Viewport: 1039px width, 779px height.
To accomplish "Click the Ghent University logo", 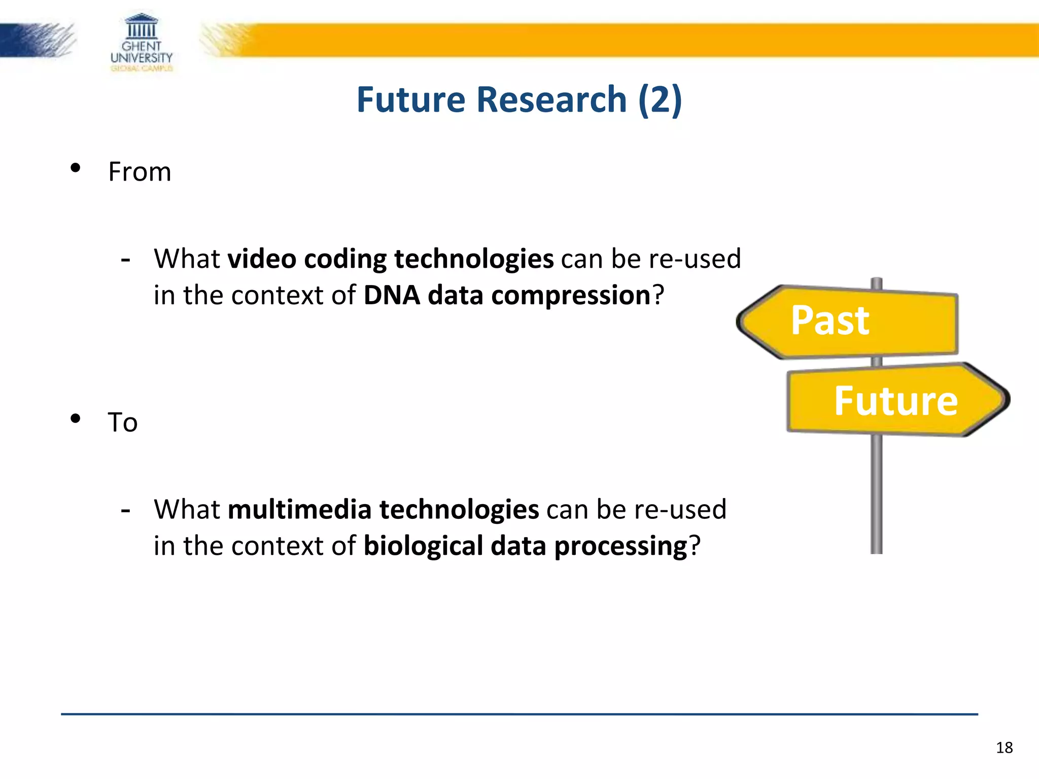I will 142,43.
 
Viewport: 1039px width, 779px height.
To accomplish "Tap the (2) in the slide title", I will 660,99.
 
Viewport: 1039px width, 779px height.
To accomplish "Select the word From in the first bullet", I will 140,172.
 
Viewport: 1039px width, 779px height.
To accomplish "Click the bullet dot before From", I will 76,168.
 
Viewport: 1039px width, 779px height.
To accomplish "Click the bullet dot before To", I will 76,418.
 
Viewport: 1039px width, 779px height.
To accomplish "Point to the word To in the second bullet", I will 123,422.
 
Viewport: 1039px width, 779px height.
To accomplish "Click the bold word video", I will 261,259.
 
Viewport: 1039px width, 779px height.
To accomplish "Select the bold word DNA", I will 392,295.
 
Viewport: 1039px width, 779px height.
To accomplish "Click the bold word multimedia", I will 300,510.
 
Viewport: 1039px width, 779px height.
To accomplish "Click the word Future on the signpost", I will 896,401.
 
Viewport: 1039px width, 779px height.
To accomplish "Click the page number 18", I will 1004,748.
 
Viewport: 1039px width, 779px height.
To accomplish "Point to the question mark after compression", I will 658,295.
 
